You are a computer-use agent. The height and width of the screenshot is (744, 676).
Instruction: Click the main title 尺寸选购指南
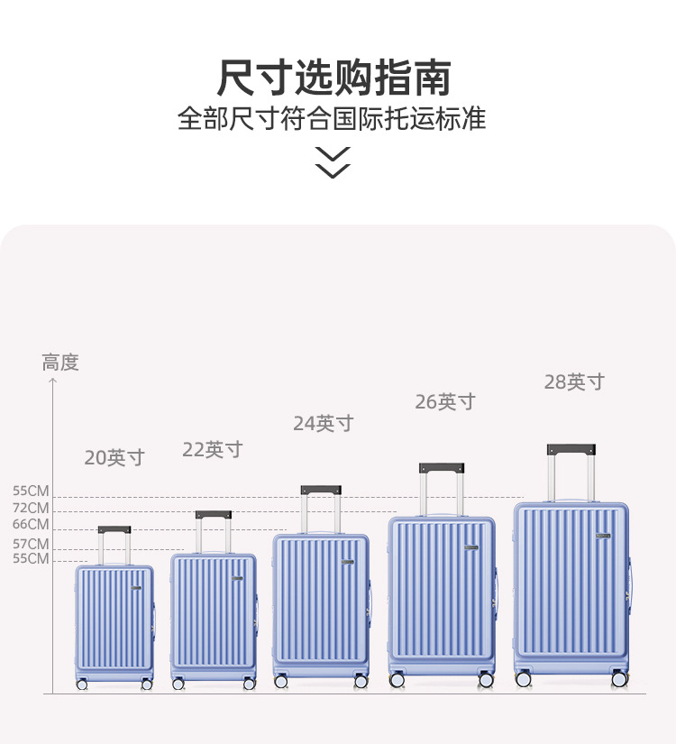tap(333, 78)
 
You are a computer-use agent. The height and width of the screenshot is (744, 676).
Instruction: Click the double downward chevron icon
tap(333, 161)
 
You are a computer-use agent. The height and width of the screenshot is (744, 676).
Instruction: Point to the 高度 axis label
tap(60, 363)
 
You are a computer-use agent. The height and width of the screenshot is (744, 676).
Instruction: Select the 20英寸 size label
tap(114, 458)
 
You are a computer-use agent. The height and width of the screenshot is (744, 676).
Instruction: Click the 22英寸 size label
tap(213, 450)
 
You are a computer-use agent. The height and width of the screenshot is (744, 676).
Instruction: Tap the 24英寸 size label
tap(324, 423)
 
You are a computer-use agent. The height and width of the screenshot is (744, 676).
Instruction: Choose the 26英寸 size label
tap(445, 402)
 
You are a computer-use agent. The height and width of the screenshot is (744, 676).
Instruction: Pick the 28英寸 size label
tap(574, 382)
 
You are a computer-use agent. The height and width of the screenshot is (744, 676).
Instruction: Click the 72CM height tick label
tap(31, 508)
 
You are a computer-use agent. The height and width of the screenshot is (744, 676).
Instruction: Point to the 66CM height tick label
tap(31, 524)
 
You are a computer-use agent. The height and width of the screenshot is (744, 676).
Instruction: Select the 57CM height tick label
tap(31, 544)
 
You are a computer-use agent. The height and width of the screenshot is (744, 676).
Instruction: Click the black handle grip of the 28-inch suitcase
tap(572, 448)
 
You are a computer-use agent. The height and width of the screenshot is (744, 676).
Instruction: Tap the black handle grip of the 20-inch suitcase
tap(114, 530)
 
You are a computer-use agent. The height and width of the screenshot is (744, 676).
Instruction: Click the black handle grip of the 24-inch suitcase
tap(321, 491)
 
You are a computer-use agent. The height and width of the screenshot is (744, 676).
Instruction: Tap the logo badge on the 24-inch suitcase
tap(348, 562)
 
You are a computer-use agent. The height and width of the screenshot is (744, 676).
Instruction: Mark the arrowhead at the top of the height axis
tap(52, 381)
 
